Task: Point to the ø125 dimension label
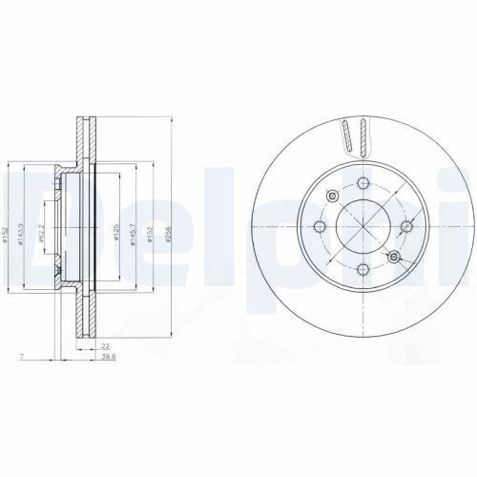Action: point(116,232)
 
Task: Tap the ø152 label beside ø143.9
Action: point(7,232)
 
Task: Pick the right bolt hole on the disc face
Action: point(405,226)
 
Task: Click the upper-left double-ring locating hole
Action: point(330,197)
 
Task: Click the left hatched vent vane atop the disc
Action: point(347,136)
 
